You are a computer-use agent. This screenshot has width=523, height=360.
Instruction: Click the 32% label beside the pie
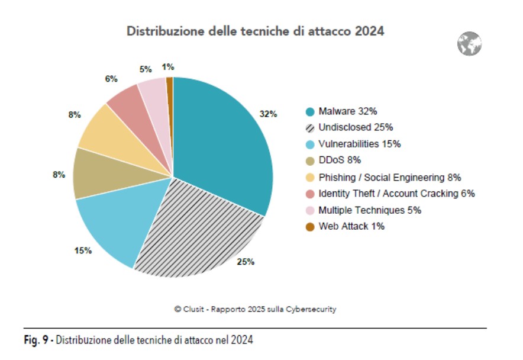[268, 114]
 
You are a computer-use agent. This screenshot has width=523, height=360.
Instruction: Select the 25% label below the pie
[246, 262]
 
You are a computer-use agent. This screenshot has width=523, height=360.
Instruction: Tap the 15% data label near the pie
[83, 250]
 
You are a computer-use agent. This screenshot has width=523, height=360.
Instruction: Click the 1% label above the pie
[167, 67]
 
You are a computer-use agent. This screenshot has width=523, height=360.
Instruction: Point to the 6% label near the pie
[111, 79]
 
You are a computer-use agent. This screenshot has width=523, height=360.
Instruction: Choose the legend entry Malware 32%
[347, 111]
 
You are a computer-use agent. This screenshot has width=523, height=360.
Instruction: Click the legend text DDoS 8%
[340, 160]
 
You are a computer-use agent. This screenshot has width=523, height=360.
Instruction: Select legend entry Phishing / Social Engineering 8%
[389, 176]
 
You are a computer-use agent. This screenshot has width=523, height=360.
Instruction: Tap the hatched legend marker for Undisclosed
[310, 128]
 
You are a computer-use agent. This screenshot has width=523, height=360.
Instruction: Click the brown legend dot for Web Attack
[310, 227]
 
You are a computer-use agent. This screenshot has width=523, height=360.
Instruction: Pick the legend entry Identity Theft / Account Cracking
[396, 193]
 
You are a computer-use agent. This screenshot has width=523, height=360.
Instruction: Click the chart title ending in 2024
[256, 31]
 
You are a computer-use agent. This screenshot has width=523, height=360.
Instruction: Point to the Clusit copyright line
[256, 309]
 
